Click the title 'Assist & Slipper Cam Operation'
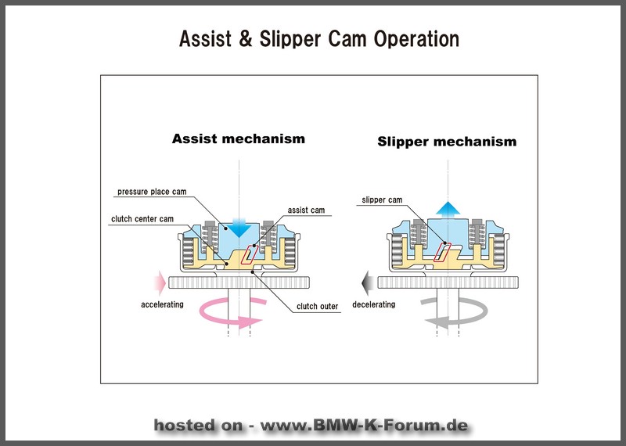pyautogui.click(x=319, y=39)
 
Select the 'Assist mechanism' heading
pyautogui.click(x=239, y=138)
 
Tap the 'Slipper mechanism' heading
pyautogui.click(x=447, y=142)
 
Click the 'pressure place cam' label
pyautogui.click(x=152, y=192)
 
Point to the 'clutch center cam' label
pyautogui.click(x=142, y=219)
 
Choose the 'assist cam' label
pyautogui.click(x=306, y=210)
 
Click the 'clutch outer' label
pyautogui.click(x=317, y=306)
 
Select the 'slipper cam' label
pyautogui.click(x=382, y=200)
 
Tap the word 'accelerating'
pyautogui.click(x=162, y=304)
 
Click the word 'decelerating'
pyautogui.click(x=374, y=304)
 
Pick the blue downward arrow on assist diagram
pyautogui.click(x=239, y=228)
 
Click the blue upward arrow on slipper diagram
pyautogui.click(x=448, y=210)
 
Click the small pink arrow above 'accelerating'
pyautogui.click(x=160, y=282)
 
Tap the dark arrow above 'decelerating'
pyautogui.click(x=367, y=282)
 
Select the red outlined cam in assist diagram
pyautogui.click(x=250, y=254)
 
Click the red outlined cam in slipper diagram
pyautogui.click(x=442, y=252)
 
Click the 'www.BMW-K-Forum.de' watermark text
pyautogui.click(x=364, y=425)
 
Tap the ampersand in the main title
pyautogui.click(x=246, y=39)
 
